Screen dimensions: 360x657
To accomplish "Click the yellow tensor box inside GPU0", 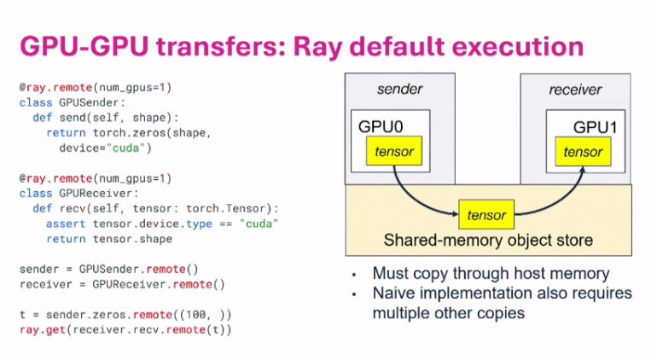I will (393, 152).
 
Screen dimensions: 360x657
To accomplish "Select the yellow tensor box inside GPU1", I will (583, 152).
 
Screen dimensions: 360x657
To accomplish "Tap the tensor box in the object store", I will (486, 215).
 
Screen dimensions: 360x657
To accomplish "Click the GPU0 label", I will (381, 127).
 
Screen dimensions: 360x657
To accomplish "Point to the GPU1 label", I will (596, 127).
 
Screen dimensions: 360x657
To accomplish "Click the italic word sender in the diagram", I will (399, 89).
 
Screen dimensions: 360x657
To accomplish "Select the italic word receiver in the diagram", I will (575, 89).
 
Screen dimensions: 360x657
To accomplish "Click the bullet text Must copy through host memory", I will (491, 274).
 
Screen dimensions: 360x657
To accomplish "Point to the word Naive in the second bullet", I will (394, 293).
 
